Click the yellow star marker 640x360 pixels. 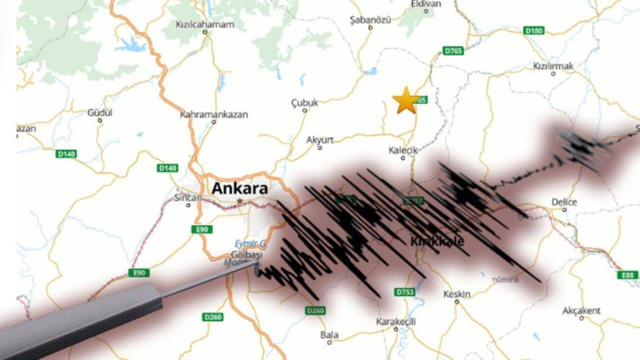tap(405, 101)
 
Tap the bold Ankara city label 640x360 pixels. tap(239, 188)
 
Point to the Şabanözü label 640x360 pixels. tap(370, 17)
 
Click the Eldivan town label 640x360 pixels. tap(425, 4)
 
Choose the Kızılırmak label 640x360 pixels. tap(553, 67)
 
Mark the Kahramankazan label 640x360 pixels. tap(214, 114)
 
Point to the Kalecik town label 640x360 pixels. tap(404, 150)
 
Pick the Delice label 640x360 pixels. tap(564, 202)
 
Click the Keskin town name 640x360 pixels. tap(457, 294)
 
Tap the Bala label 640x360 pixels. tap(329, 335)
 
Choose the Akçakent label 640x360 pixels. tap(581, 311)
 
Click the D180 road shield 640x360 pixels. tap(534, 30)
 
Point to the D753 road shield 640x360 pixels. tap(404, 292)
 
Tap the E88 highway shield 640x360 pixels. tap(627, 275)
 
